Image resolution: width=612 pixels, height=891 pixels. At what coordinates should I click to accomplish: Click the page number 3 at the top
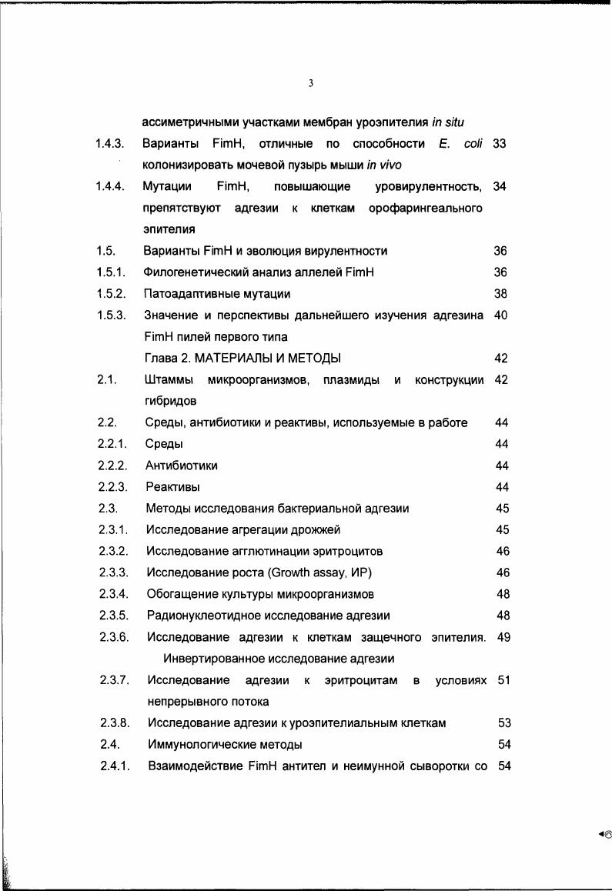click(x=310, y=83)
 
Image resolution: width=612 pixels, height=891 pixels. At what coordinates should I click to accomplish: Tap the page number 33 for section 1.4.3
click(x=498, y=144)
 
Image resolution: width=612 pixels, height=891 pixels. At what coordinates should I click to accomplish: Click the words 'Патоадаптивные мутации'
click(x=217, y=294)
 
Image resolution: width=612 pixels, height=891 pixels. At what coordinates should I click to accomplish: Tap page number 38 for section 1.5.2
click(x=500, y=294)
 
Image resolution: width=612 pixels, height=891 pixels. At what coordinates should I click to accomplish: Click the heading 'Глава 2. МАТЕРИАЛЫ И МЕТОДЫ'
click(x=243, y=359)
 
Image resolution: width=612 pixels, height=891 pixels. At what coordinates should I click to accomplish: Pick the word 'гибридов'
click(x=170, y=401)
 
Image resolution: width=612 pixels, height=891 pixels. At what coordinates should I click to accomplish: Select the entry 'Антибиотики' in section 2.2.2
click(x=181, y=466)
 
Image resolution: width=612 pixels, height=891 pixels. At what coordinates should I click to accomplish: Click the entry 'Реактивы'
click(x=173, y=487)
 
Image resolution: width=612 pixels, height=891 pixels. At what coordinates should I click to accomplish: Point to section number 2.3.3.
click(x=113, y=572)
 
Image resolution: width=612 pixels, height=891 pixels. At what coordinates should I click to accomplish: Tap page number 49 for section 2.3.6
click(x=504, y=637)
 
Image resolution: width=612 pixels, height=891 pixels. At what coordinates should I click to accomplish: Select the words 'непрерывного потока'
click(x=208, y=702)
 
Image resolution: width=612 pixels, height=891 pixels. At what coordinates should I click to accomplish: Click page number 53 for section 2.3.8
click(x=505, y=723)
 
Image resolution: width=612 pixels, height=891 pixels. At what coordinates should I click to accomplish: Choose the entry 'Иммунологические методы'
click(x=224, y=745)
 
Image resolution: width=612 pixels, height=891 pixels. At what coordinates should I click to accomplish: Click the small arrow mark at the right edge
click(x=604, y=833)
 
